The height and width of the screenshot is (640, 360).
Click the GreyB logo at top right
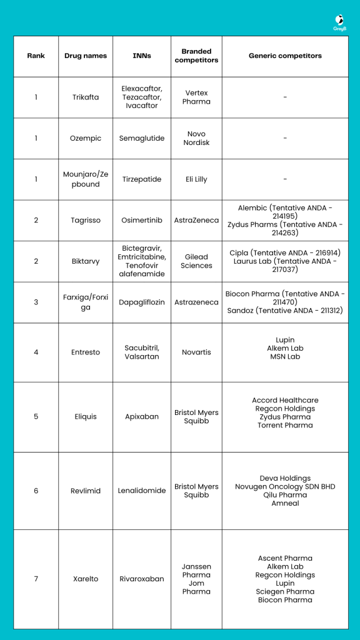pyautogui.click(x=339, y=22)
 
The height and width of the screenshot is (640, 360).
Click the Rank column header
pyautogui.click(x=36, y=56)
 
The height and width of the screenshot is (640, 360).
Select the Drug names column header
pyautogui.click(x=86, y=56)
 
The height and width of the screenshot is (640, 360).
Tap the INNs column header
pyautogui.click(x=142, y=56)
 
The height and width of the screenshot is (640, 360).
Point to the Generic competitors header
pyautogui.click(x=285, y=56)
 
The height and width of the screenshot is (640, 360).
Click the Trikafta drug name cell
pyautogui.click(x=86, y=97)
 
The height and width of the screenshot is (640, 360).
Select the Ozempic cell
pyautogui.click(x=86, y=138)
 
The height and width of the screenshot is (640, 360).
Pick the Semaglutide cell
pyautogui.click(x=142, y=138)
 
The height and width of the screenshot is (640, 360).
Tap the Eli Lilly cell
pyautogui.click(x=196, y=179)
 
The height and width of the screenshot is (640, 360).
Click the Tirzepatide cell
pyautogui.click(x=142, y=179)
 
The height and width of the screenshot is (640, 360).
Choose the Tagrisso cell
pyautogui.click(x=86, y=220)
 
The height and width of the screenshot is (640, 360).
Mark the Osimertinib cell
pyautogui.click(x=142, y=220)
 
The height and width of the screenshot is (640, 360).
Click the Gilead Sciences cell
pyautogui.click(x=196, y=261)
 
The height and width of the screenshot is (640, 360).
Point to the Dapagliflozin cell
pyautogui.click(x=142, y=302)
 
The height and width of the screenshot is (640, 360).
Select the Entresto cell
pyautogui.click(x=86, y=352)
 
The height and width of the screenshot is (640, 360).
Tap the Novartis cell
pyautogui.click(x=196, y=352)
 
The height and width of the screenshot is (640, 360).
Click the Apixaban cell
pyautogui.click(x=142, y=416)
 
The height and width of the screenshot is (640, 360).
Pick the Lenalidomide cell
pyautogui.click(x=142, y=491)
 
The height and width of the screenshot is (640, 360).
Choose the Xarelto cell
pyautogui.click(x=86, y=579)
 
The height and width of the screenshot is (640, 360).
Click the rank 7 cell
pyautogui.click(x=36, y=579)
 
